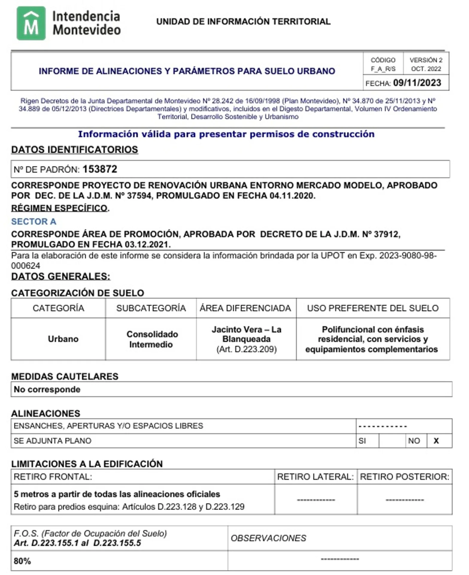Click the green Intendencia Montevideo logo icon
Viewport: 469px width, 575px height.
[31, 23]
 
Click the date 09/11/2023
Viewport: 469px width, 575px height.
[417, 83]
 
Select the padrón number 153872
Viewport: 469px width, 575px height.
[100, 169]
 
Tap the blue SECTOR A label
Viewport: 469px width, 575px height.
[34, 222]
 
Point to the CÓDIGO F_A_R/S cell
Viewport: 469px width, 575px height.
[383, 64]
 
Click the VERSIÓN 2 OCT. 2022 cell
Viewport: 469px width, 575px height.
[426, 64]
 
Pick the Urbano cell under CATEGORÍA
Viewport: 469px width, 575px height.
[63, 339]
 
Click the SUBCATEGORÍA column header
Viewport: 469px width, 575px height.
[151, 308]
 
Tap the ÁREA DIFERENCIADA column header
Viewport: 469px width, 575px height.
[245, 308]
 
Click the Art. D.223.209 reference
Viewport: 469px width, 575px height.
[246, 349]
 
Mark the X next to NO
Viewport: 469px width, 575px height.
[436, 441]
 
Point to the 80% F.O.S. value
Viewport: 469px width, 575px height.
[22, 561]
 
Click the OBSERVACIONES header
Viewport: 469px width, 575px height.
[268, 538]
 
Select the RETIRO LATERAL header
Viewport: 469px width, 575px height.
[315, 477]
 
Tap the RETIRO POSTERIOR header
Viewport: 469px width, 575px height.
[404, 477]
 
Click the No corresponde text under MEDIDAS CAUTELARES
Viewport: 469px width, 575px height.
[47, 389]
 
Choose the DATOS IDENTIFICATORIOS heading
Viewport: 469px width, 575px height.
[75, 150]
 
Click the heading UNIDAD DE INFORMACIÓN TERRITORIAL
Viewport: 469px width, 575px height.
[243, 22]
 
